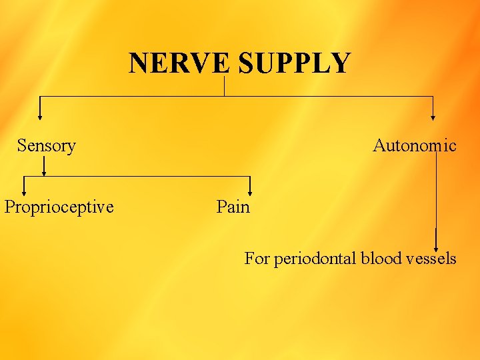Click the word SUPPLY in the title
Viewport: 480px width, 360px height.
pos(294,63)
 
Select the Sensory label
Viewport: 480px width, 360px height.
pos(47,145)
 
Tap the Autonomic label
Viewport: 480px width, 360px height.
pos(415,145)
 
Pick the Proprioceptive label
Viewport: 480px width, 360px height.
pos(59,207)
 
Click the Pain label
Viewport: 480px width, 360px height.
pos(233,207)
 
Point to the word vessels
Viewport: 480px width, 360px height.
pos(430,258)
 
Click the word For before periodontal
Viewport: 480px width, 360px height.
pos(257,258)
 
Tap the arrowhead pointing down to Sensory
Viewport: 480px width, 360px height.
pos(40,116)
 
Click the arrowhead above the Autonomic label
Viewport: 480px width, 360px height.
pos(433,116)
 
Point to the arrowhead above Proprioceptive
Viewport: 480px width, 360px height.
pos(25,191)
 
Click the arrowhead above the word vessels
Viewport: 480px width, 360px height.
pos(436,244)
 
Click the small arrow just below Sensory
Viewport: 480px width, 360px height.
pos(44,170)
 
